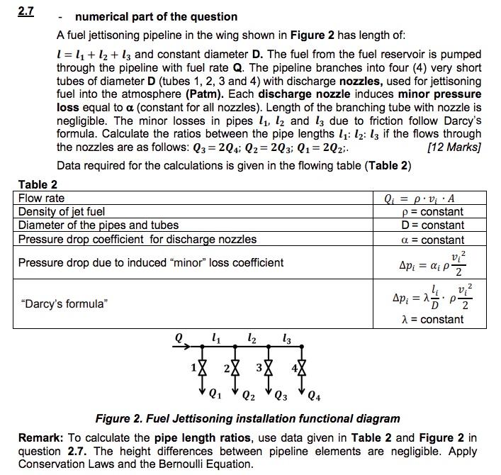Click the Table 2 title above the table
(x=38, y=185)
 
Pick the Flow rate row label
(x=41, y=199)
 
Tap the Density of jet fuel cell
(x=62, y=212)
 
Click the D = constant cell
(x=432, y=225)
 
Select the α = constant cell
(x=432, y=240)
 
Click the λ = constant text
(x=432, y=319)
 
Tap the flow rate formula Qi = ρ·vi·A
(x=432, y=199)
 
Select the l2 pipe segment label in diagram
(x=252, y=338)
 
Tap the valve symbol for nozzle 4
(x=303, y=369)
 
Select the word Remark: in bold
(x=40, y=438)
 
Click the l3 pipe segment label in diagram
(x=286, y=338)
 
